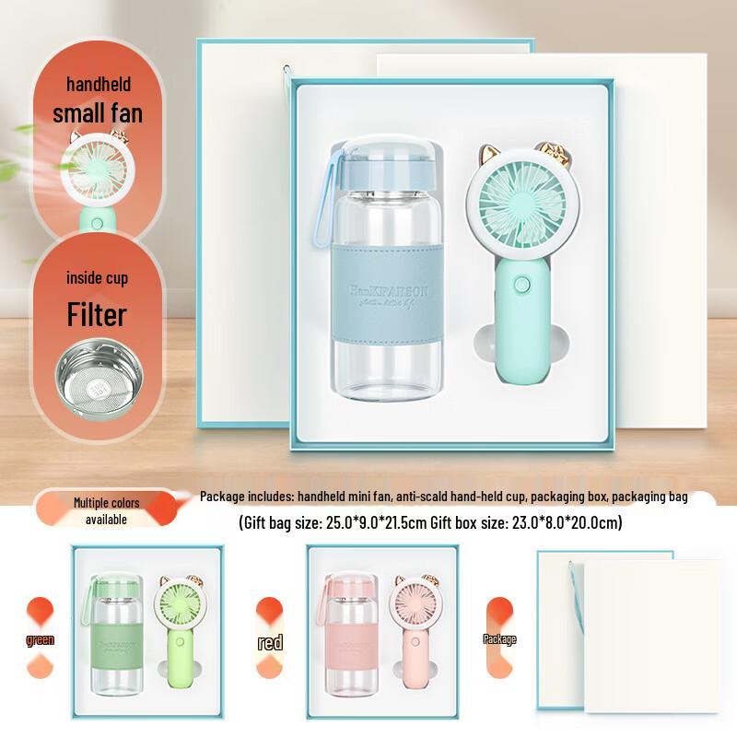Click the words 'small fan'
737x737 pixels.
(x=98, y=114)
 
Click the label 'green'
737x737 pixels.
(x=41, y=639)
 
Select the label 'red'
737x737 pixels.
(x=271, y=642)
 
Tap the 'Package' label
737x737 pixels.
(x=500, y=638)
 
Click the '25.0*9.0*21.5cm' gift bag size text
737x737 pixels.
(x=376, y=523)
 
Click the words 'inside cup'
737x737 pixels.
(x=97, y=278)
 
